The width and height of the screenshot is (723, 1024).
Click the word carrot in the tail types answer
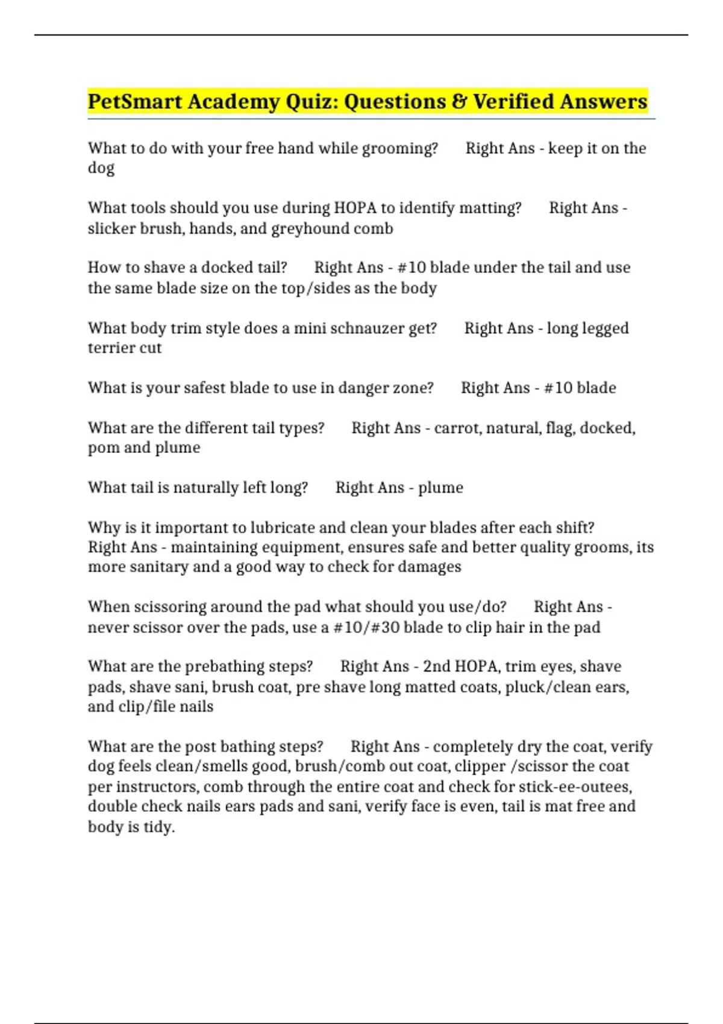[x=457, y=428]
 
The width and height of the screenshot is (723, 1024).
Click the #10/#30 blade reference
[x=366, y=628]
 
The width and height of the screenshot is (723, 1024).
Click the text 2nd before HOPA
[x=436, y=667]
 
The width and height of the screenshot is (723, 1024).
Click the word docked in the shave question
[x=228, y=267]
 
